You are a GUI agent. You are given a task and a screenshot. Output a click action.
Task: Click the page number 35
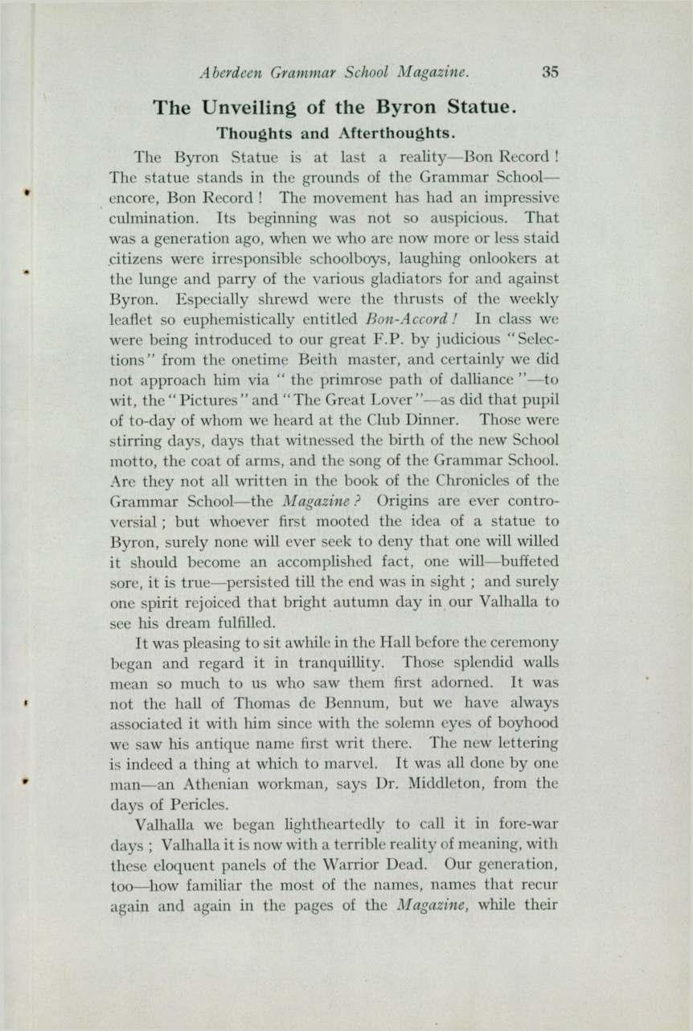[x=550, y=72]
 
